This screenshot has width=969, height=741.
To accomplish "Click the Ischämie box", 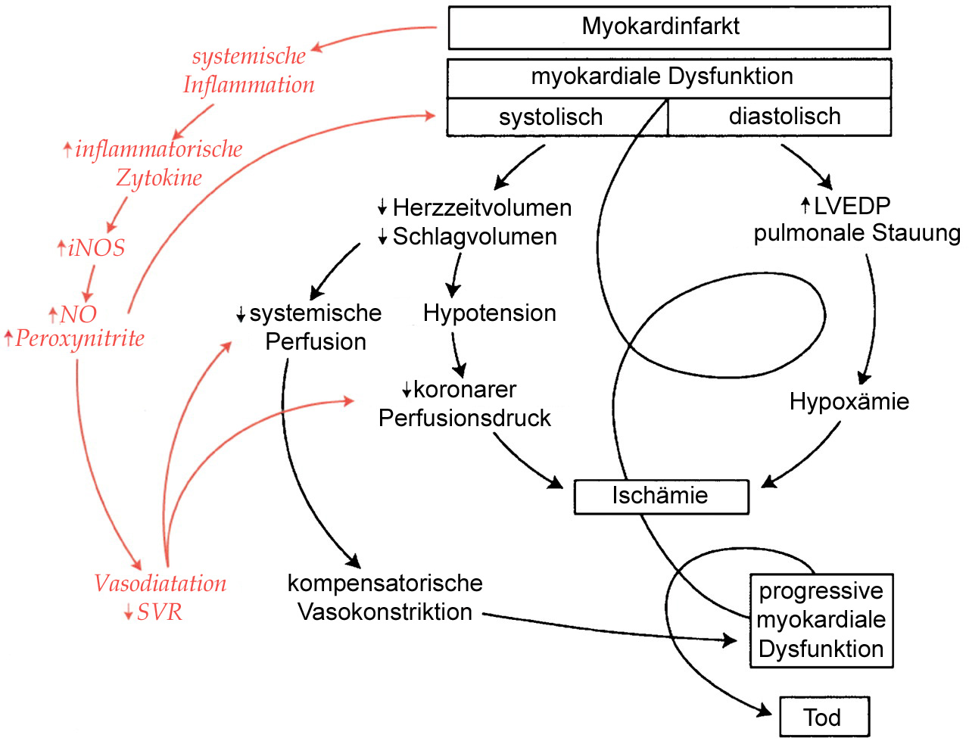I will point(661,497).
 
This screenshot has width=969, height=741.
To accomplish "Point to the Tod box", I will point(824,717).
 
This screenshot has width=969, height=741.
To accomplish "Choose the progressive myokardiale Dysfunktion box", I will point(821,620).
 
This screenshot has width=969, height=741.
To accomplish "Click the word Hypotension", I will point(490,313).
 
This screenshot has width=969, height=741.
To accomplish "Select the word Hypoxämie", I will point(849,401).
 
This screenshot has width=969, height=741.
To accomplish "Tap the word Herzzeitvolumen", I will point(482,207).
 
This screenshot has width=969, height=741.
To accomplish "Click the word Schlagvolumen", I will point(475,236).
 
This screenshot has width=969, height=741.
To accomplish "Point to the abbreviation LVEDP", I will point(852,206).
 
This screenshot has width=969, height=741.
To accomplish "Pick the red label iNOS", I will point(96,248).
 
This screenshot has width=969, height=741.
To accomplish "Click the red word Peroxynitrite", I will point(79,338).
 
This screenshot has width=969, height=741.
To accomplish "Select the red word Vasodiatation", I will point(160,584).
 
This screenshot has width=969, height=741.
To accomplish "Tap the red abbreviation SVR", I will point(160,612).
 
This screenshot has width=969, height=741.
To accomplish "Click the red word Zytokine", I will point(159,178).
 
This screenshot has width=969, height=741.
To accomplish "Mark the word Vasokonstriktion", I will point(385,612).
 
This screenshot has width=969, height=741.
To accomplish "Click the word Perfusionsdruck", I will point(464,418).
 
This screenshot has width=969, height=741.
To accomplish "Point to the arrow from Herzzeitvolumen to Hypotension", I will point(454,274).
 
